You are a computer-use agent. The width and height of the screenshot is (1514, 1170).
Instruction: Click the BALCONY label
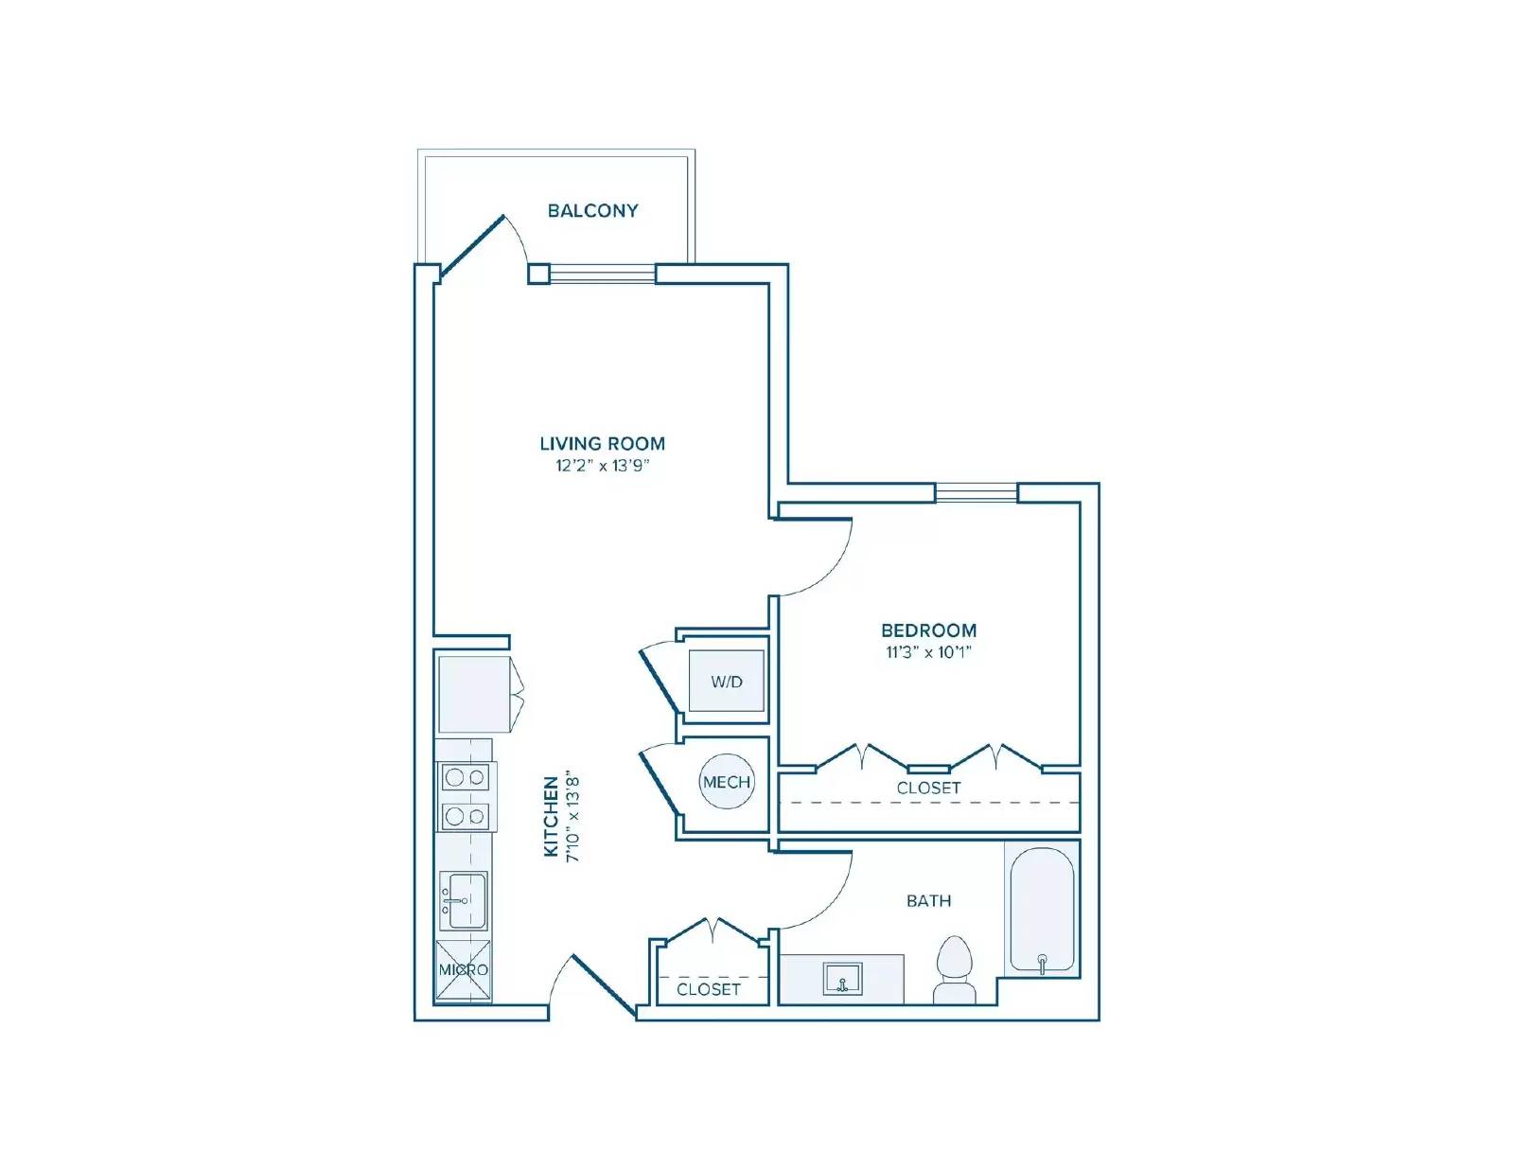click(592, 210)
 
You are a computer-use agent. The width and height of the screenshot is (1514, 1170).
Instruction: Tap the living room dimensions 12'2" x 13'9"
click(602, 466)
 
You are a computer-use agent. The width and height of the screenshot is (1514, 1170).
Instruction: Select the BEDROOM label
click(928, 629)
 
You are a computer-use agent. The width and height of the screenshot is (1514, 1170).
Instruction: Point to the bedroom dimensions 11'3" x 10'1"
click(928, 652)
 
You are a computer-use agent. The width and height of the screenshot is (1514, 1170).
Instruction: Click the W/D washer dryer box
click(726, 681)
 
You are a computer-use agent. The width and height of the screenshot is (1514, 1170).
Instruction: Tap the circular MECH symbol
click(726, 782)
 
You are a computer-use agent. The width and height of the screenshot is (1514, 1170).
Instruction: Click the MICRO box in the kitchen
click(464, 970)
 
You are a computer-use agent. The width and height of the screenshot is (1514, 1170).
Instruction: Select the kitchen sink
click(464, 900)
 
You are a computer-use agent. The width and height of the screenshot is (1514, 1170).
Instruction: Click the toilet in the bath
click(954, 967)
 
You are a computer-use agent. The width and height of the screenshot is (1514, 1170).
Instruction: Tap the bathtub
click(1041, 909)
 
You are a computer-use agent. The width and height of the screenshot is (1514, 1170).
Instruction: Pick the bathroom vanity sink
click(841, 979)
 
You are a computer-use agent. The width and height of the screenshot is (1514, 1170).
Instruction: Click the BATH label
click(928, 900)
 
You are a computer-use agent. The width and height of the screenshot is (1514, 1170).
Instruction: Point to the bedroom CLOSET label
click(928, 788)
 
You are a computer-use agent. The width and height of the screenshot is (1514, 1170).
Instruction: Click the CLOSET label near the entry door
click(708, 989)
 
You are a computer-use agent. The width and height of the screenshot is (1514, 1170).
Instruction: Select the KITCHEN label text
click(551, 817)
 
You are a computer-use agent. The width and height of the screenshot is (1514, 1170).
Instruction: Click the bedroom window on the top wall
click(977, 492)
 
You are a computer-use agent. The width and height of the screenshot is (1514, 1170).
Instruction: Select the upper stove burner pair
click(465, 777)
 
